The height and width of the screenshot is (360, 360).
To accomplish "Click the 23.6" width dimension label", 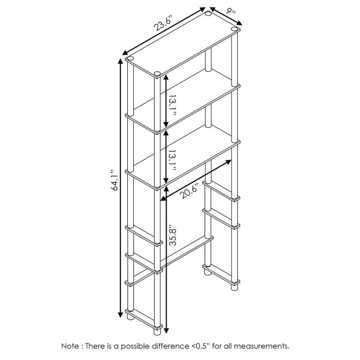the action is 163,23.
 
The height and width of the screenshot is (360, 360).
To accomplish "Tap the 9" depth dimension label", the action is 230,11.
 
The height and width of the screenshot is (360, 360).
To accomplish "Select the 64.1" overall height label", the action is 114,180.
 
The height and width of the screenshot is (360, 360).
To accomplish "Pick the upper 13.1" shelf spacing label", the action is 173,105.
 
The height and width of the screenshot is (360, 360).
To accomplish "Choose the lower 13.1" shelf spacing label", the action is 173,161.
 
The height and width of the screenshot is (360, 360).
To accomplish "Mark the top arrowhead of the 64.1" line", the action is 120,62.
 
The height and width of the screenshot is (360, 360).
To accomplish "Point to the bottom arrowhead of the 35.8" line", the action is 166,330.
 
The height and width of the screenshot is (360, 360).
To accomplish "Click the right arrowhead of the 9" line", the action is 239,23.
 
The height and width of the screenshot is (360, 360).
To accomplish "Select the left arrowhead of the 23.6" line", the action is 126,52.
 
